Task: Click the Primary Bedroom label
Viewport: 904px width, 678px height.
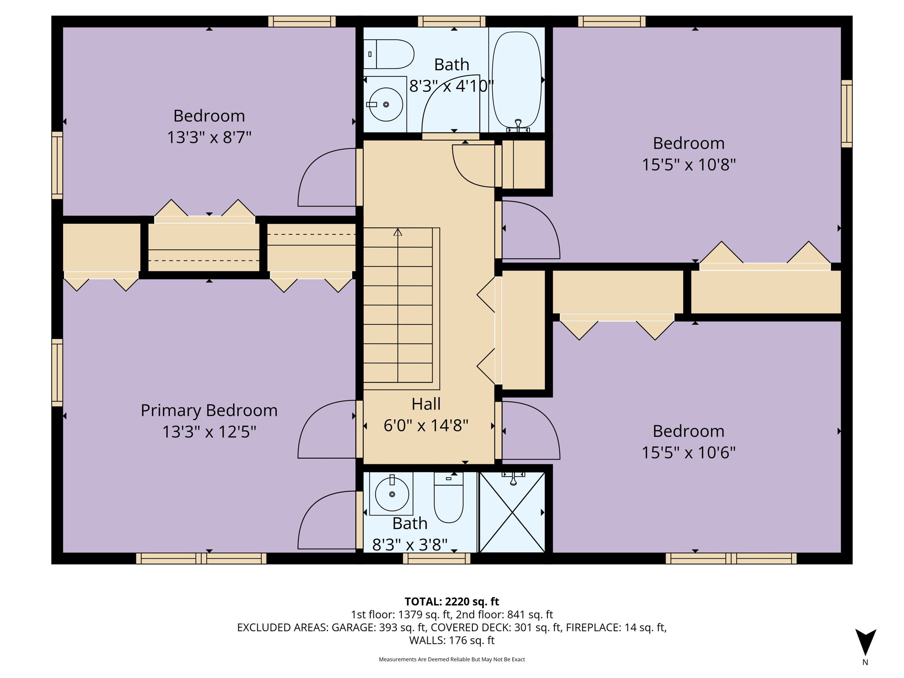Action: pyautogui.click(x=209, y=411)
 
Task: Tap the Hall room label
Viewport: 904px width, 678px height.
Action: pyautogui.click(x=426, y=404)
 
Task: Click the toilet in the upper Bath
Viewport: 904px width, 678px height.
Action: pyautogui.click(x=388, y=54)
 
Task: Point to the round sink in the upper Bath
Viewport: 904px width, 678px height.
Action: pyautogui.click(x=386, y=105)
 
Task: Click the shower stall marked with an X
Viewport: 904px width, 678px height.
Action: pyautogui.click(x=512, y=512)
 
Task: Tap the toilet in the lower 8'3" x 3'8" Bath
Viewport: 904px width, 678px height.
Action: pyautogui.click(x=448, y=497)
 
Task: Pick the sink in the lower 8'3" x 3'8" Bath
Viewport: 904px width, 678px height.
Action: pyautogui.click(x=392, y=493)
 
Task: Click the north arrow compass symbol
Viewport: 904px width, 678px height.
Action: pyautogui.click(x=865, y=643)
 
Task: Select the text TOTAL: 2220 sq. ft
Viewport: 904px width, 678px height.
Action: pyautogui.click(x=452, y=602)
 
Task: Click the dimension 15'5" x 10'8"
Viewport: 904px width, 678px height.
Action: pyautogui.click(x=689, y=165)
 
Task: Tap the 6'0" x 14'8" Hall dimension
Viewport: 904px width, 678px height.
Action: pyautogui.click(x=426, y=426)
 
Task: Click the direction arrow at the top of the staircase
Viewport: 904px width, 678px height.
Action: pyautogui.click(x=398, y=232)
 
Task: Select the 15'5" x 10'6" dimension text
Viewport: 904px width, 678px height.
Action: pyautogui.click(x=689, y=453)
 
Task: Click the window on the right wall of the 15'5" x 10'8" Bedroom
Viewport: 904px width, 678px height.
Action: pyautogui.click(x=847, y=113)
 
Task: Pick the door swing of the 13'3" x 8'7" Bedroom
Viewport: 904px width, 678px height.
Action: pyautogui.click(x=327, y=177)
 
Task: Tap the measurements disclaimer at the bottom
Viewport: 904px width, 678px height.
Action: pyautogui.click(x=452, y=659)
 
